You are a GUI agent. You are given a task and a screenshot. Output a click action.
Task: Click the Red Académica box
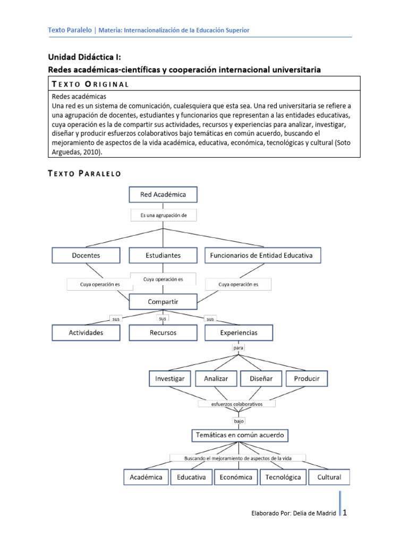pyautogui.click(x=163, y=194)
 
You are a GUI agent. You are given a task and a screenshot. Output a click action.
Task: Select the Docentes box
pyautogui.click(x=86, y=256)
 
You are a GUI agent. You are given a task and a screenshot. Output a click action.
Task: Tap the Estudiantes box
pyautogui.click(x=163, y=256)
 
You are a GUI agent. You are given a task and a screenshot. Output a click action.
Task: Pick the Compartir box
pyautogui.click(x=163, y=302)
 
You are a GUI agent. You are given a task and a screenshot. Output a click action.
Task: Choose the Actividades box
pyautogui.click(x=86, y=333)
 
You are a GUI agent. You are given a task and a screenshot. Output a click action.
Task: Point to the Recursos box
pyautogui.click(x=163, y=333)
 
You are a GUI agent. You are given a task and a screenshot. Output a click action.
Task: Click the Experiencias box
pyautogui.click(x=239, y=333)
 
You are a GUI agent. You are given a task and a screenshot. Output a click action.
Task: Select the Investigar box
pyautogui.click(x=169, y=379)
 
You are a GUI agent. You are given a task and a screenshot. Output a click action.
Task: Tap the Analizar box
pyautogui.click(x=215, y=379)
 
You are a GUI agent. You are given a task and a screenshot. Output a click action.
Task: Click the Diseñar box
pyautogui.click(x=260, y=379)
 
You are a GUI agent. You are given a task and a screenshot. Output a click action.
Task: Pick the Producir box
pyautogui.click(x=307, y=379)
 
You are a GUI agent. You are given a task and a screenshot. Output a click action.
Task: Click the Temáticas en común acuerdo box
pyautogui.click(x=240, y=436)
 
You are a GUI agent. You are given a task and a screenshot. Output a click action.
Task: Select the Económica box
pyautogui.click(x=235, y=477)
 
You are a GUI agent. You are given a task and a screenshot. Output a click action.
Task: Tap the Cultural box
pyautogui.click(x=329, y=477)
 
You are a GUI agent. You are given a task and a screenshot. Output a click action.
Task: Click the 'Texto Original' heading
pyautogui.click(x=90, y=84)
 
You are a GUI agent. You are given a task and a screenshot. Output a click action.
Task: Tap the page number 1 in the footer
pyautogui.click(x=345, y=513)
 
